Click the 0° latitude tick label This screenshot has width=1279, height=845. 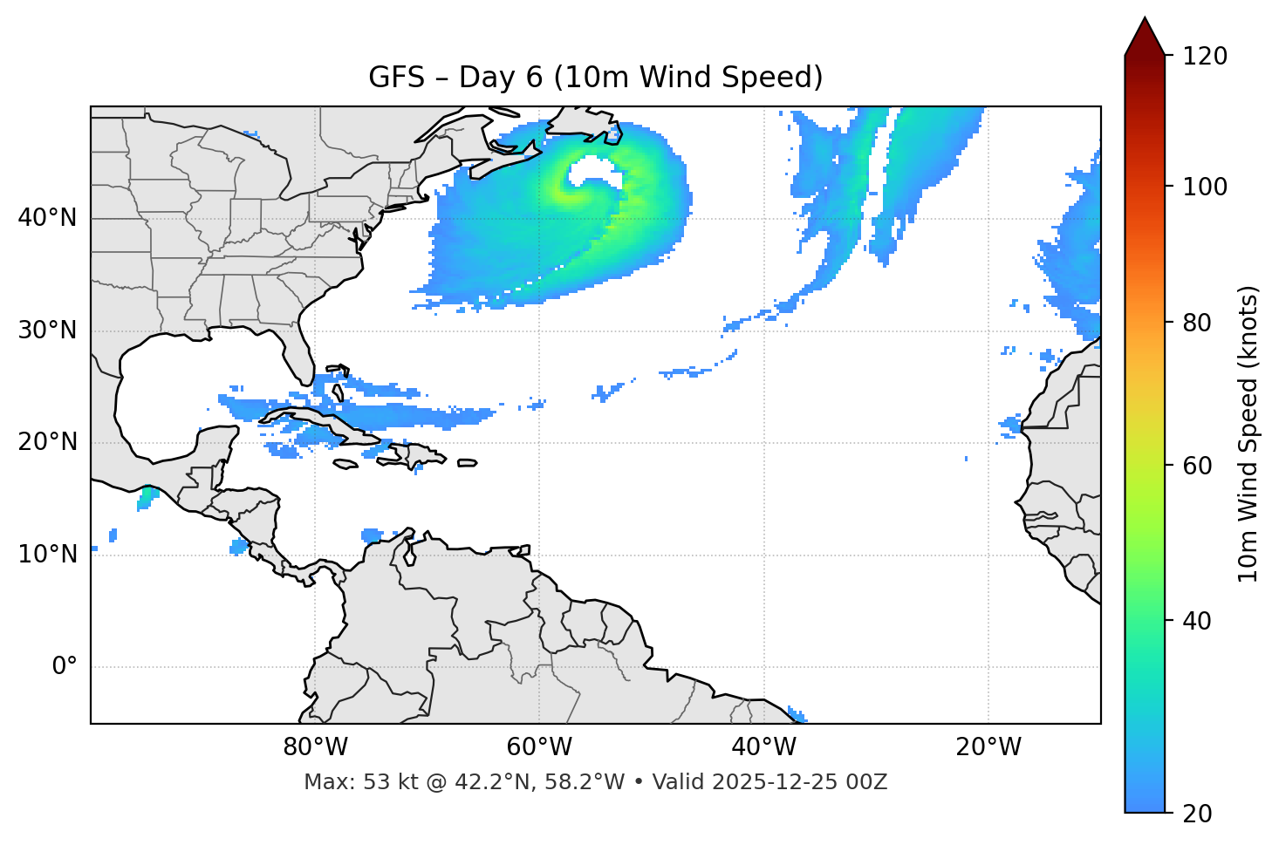point(65,667)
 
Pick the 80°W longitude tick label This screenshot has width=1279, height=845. point(315,747)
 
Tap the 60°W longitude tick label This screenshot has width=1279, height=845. point(539,747)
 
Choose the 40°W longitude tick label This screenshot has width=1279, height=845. point(763,747)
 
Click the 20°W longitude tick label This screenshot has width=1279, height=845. point(988,747)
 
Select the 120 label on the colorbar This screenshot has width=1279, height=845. point(1205,57)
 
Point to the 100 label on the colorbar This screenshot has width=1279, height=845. point(1205,187)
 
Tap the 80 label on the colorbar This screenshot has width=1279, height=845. point(1199,323)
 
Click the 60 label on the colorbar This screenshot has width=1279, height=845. point(1199,466)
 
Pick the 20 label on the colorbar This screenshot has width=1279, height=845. point(1199,814)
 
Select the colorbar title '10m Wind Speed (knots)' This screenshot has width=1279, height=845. point(1248,433)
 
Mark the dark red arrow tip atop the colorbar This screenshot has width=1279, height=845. point(1145,35)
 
